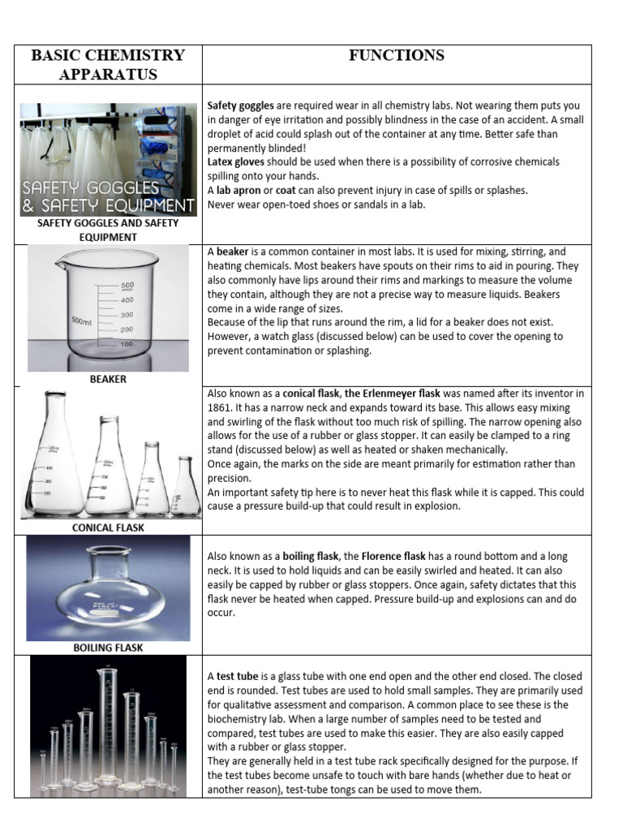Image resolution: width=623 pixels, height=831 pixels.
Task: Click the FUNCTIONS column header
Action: coord(397,55)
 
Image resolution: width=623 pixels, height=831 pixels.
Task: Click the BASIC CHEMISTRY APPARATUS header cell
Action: coord(108,65)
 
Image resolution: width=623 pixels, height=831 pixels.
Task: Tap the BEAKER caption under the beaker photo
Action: coord(108,379)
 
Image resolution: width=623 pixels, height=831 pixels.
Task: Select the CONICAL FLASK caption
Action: coord(109,527)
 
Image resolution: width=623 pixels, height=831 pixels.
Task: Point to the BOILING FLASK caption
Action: coord(108,648)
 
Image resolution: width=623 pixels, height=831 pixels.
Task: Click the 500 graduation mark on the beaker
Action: coord(127,286)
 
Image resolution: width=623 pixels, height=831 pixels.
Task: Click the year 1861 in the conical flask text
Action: coord(221,407)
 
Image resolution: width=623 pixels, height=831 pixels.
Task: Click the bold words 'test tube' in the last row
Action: coord(237,676)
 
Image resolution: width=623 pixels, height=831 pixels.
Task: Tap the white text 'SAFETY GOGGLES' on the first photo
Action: coord(91,188)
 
